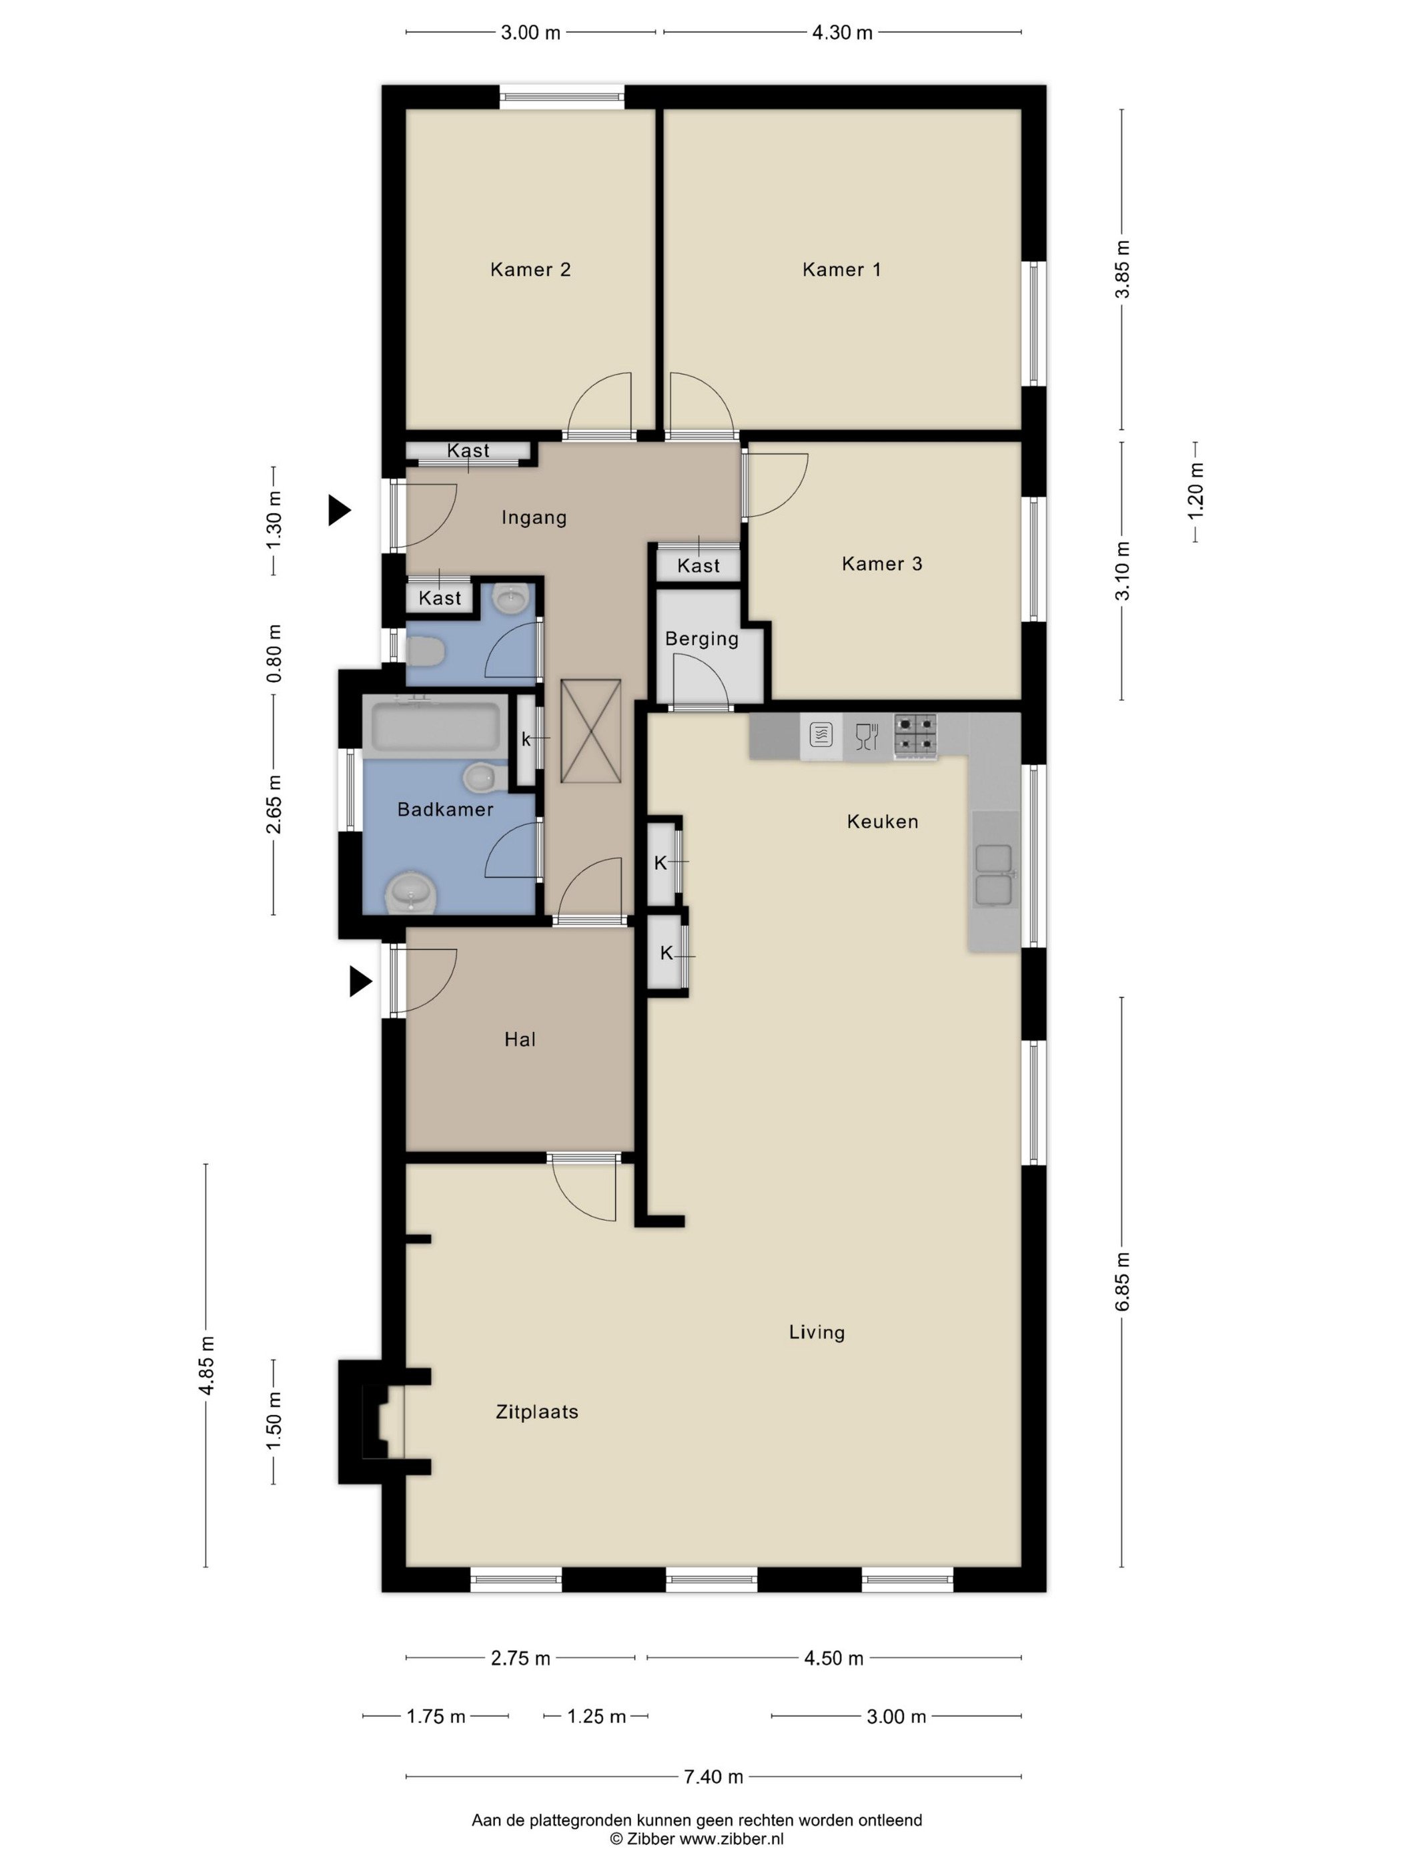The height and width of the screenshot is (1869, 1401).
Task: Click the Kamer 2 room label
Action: point(530,270)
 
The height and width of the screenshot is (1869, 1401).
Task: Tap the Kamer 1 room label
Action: point(841,270)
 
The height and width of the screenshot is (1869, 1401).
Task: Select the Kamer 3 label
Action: point(882,563)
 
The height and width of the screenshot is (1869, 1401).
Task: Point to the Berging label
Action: point(702,639)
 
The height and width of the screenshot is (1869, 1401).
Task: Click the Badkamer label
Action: point(445,810)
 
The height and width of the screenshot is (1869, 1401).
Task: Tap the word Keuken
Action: point(883,821)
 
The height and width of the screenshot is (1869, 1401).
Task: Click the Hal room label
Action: point(520,1039)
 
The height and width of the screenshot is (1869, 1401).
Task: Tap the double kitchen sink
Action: point(994,875)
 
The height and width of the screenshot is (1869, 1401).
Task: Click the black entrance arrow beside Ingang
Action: point(340,511)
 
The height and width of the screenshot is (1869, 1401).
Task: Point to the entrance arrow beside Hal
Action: point(362,982)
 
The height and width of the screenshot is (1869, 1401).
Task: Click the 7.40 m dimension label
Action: point(714,1777)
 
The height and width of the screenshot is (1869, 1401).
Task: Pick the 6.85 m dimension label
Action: point(1122,1282)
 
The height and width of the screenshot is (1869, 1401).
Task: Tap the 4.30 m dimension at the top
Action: point(842,33)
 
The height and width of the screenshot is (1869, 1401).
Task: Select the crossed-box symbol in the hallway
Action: point(591,732)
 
